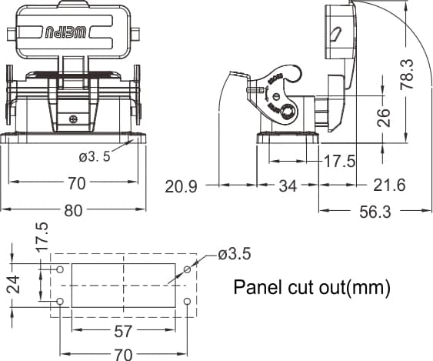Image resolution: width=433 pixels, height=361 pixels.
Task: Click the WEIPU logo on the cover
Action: tap(65, 33)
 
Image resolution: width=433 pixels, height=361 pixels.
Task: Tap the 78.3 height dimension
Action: tap(408, 74)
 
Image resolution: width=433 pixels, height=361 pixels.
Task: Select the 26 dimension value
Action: tap(384, 118)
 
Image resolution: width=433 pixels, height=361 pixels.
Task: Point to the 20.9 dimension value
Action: tap(182, 186)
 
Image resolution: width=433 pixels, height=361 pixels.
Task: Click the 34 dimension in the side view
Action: tap(288, 186)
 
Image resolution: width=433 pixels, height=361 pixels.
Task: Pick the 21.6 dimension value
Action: tap(389, 185)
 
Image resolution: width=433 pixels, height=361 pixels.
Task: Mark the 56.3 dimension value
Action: tap(375, 212)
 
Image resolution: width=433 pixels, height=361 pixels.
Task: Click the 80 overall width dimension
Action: tap(74, 211)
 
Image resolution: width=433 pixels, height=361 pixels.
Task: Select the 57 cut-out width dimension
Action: tap(123, 331)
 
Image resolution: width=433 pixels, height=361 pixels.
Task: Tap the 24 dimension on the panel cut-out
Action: tap(14, 285)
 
